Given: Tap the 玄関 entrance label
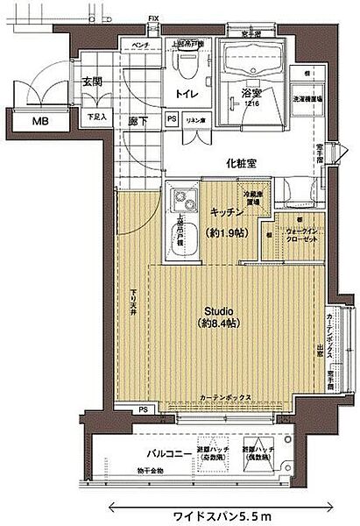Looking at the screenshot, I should (x=93, y=82).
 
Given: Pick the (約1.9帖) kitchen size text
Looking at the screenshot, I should (x=225, y=235).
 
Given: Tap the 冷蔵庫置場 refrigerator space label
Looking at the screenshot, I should (x=252, y=198).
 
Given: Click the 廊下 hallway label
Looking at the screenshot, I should (x=136, y=120).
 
